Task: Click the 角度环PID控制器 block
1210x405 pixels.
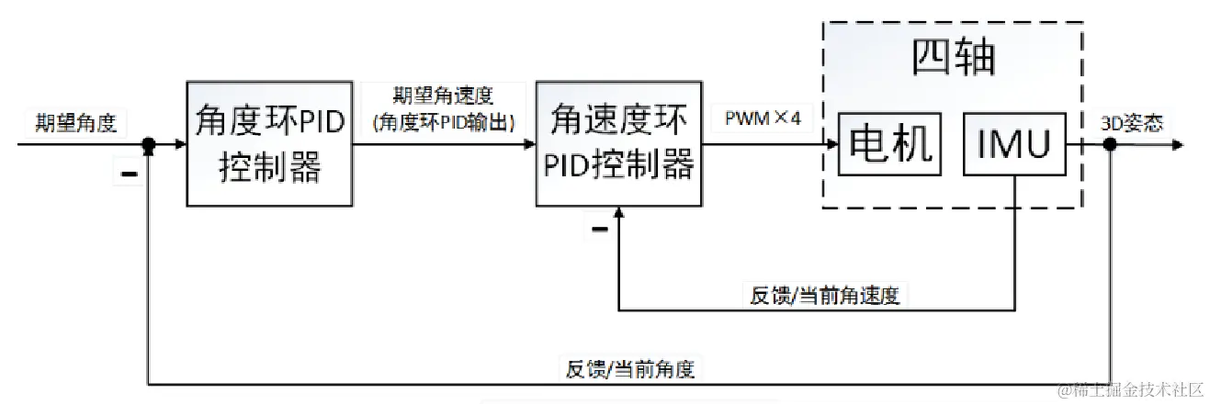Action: (270, 144)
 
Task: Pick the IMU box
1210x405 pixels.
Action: (1014, 144)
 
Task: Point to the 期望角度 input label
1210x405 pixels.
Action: (76, 123)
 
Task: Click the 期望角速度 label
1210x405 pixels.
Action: (443, 96)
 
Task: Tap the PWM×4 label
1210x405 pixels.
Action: (763, 118)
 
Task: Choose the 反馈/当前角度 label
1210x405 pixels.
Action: (629, 369)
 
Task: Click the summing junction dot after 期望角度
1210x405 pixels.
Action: (148, 144)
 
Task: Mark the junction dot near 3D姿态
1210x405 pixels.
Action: (1110, 144)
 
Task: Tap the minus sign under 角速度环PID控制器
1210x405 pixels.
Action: (599, 228)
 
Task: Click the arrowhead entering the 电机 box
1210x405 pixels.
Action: (831, 144)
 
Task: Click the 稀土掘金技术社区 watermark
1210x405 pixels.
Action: (1130, 390)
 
